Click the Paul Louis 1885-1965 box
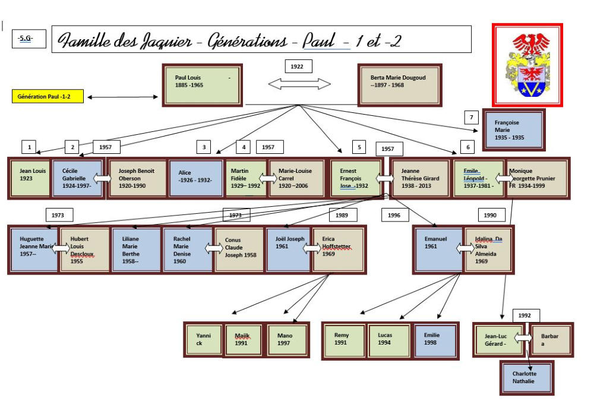point(203,86)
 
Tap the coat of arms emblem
point(527,65)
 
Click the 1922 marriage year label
point(298,67)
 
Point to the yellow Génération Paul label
point(48,97)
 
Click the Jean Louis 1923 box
point(31,177)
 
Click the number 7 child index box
point(470,118)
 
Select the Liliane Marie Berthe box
point(136,249)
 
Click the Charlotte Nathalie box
point(526,377)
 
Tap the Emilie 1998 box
point(435,341)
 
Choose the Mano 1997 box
point(287,340)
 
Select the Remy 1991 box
point(344,341)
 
